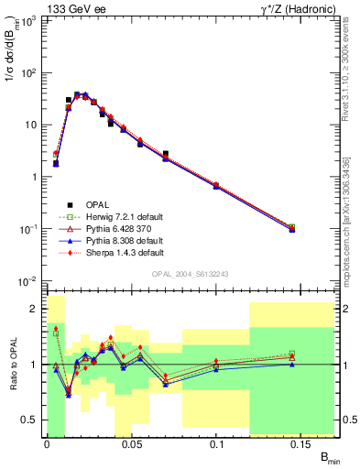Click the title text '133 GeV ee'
coord(72,8)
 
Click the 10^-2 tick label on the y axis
coord(27,281)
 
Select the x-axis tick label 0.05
coord(132,444)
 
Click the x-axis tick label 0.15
coord(303,444)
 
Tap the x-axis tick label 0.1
coord(218,444)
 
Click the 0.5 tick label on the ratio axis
coord(31,420)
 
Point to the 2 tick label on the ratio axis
coord(37,310)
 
